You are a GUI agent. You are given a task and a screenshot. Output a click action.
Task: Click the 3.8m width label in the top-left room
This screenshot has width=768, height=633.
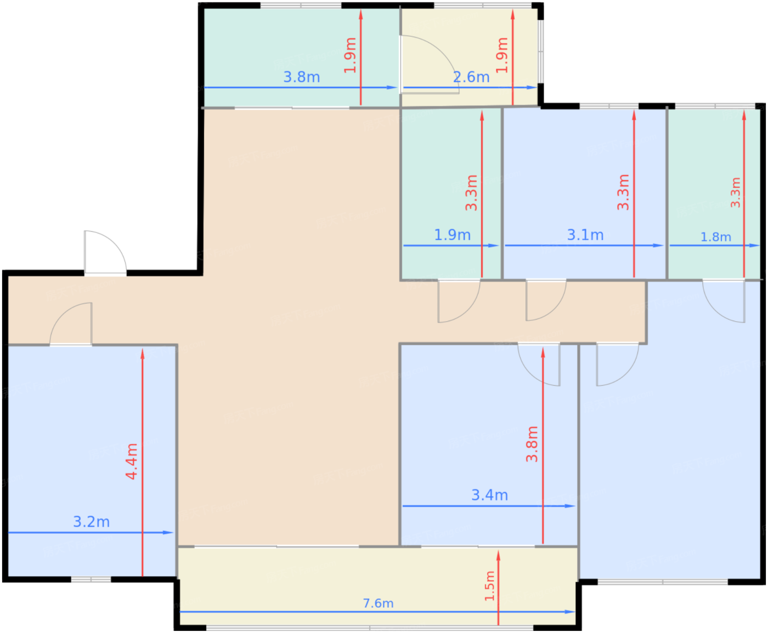(301, 77)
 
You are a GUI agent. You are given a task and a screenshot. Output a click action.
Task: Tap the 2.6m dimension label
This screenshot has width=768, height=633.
(471, 77)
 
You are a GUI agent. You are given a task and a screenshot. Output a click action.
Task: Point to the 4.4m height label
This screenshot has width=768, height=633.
(132, 461)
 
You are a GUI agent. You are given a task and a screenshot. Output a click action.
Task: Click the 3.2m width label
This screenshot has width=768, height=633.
(91, 522)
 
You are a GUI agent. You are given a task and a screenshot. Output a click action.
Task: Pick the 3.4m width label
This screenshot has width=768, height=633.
(489, 495)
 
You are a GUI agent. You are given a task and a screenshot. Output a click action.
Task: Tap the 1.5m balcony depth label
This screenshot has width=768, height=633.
(489, 586)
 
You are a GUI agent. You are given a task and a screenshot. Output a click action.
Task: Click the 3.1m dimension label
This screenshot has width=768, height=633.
(585, 235)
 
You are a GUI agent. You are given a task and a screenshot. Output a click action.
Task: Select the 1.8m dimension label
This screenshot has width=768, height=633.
(715, 237)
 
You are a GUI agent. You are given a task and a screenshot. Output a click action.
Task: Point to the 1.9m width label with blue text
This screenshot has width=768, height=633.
(453, 235)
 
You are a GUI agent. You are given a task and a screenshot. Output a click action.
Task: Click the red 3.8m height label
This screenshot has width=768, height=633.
(532, 444)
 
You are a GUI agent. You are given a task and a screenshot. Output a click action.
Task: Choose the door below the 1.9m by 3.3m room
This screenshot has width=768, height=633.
(459, 301)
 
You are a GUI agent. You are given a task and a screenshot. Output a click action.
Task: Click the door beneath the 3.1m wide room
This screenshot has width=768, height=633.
(546, 300)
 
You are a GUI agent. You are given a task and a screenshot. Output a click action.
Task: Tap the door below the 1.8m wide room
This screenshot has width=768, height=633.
(724, 301)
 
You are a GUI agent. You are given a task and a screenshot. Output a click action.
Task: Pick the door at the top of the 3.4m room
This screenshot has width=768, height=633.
(539, 364)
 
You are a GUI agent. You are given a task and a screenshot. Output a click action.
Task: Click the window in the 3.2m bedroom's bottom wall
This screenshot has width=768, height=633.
(91, 579)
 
